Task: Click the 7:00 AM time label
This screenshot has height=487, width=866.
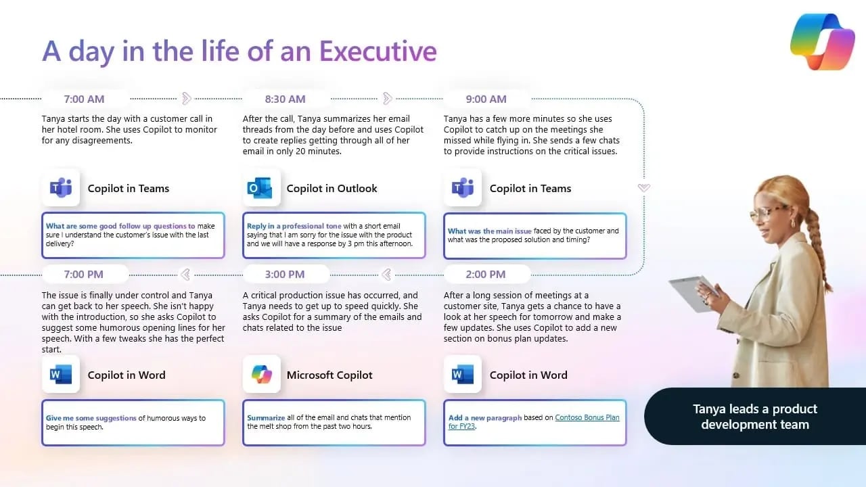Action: [x=84, y=99]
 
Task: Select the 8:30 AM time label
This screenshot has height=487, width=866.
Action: [x=285, y=99]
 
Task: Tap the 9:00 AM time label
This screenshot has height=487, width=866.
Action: [x=486, y=99]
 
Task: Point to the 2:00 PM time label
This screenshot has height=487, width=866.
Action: [x=486, y=274]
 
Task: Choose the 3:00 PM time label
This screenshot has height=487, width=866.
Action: [x=285, y=274]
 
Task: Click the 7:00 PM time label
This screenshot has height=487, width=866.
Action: [x=84, y=274]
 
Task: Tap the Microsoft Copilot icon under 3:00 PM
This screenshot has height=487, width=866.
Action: [x=261, y=375]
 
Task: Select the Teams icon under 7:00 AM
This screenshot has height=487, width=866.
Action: [x=61, y=188]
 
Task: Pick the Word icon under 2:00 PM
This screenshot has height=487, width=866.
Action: [x=463, y=375]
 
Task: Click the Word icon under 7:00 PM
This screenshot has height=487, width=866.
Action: [x=61, y=375]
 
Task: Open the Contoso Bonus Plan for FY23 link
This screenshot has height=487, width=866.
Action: [x=586, y=418]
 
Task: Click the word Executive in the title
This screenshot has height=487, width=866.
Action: [x=378, y=51]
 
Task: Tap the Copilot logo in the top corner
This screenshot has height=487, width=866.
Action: [x=822, y=41]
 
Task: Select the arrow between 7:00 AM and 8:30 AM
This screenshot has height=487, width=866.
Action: [x=187, y=99]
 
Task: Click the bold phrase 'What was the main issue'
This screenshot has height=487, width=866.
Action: [x=489, y=231]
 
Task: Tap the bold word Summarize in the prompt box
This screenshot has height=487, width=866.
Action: [x=266, y=417]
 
